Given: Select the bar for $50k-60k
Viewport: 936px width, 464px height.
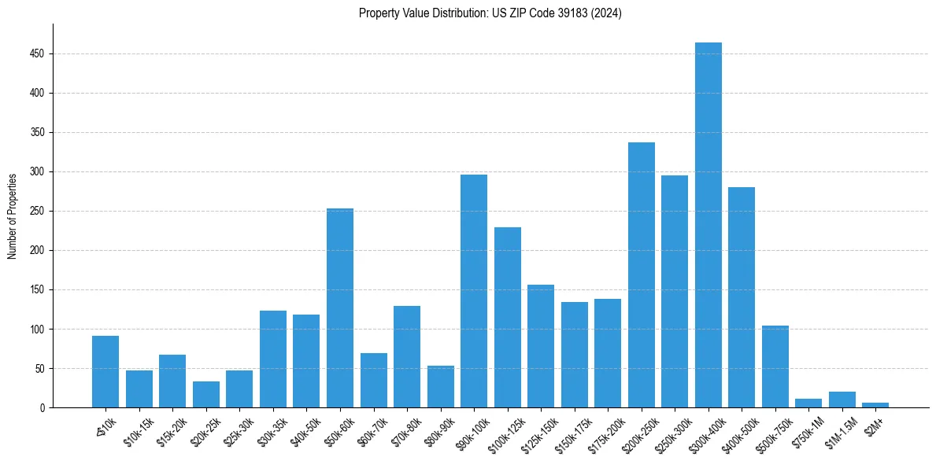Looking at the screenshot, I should tap(340, 307).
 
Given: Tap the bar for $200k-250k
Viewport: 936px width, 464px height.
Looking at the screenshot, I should tap(641, 274).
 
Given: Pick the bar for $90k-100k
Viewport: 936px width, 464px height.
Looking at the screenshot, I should tap(474, 291).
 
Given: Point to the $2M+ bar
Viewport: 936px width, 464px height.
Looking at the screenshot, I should tap(875, 405).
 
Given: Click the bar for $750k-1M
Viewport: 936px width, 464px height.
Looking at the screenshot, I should tap(808, 403).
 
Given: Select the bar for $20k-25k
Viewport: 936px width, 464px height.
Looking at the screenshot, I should tap(206, 395).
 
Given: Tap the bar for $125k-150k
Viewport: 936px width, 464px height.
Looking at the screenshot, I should tap(541, 346).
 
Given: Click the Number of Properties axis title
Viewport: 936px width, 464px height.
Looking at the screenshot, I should tap(12, 216).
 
